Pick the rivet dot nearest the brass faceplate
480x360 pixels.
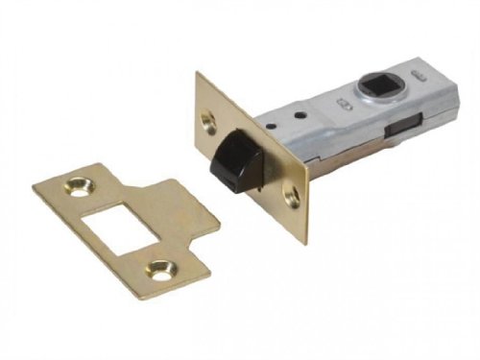pos(279,123)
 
